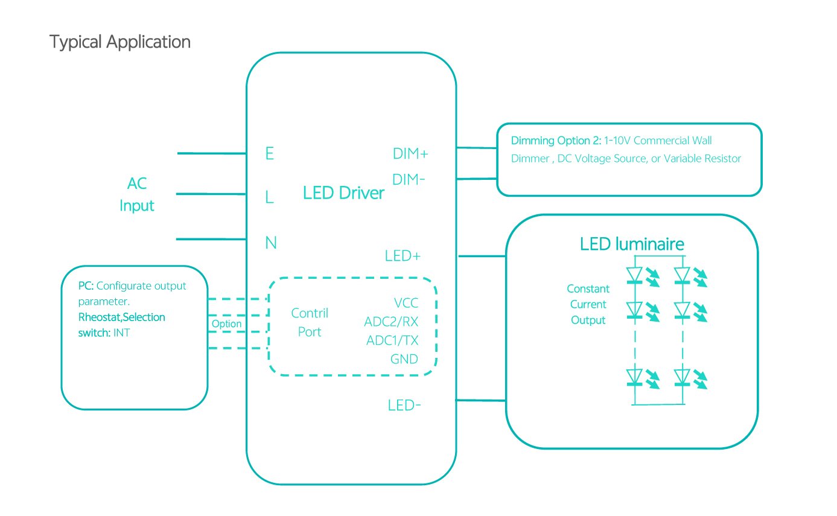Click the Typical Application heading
pos(119,42)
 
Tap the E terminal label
pos(270,154)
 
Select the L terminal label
pos(270,197)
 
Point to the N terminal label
pos(271,243)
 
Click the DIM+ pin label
pos(410,154)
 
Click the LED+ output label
pos(403,256)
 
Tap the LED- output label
pos(404,406)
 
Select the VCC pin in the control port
pos(406,303)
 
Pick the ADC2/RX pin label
pos(391,322)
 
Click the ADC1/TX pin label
pos(392,340)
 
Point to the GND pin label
pos(404,359)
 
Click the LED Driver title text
pos(343,193)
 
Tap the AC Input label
pos(137,194)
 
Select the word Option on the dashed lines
pos(226,324)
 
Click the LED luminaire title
pos(632,244)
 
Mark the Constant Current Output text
pos(588,305)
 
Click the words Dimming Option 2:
pos(556,141)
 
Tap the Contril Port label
pos(310,322)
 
